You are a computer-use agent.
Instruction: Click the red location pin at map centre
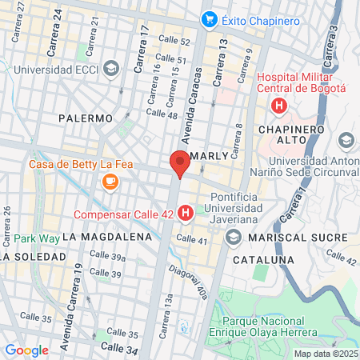click(x=180, y=163)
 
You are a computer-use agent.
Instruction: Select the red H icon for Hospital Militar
click(x=278, y=106)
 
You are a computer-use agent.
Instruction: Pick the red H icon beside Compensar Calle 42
click(x=186, y=214)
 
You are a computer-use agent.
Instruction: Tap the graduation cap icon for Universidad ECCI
click(x=111, y=66)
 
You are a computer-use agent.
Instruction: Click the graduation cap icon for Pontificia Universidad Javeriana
click(x=234, y=237)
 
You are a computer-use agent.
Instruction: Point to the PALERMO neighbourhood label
click(x=86, y=118)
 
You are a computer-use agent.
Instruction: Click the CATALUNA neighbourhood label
click(x=258, y=260)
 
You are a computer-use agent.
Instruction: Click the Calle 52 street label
click(x=174, y=41)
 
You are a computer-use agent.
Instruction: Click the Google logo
click(x=26, y=350)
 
